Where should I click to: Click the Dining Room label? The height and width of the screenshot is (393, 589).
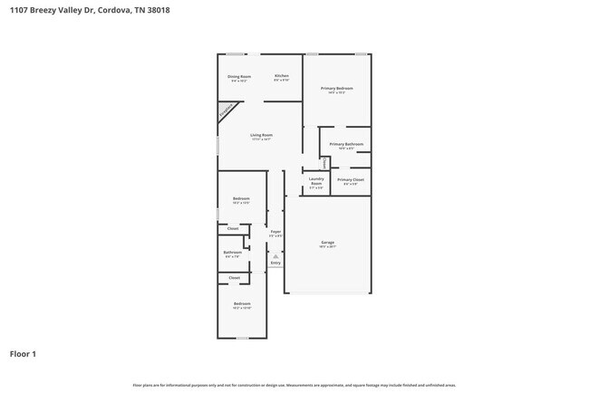point(239,77)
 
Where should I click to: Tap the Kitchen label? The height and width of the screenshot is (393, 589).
point(282,76)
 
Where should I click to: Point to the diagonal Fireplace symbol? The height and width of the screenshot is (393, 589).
point(225,111)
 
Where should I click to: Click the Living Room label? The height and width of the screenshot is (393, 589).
point(262,136)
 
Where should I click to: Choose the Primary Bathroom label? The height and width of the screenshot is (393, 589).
point(346,145)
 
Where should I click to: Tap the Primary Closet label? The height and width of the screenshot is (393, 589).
point(350,180)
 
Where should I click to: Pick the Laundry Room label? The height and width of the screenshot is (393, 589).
point(315,181)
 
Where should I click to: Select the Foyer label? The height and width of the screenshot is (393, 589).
point(275,232)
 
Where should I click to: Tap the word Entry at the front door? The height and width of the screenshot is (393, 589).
point(275,263)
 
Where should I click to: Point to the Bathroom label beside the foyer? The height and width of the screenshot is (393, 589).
point(233,253)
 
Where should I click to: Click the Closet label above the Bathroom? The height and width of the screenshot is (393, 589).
point(233,228)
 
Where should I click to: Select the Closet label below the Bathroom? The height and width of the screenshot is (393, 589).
point(234,277)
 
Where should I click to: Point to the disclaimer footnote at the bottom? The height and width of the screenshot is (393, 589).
point(294,385)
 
